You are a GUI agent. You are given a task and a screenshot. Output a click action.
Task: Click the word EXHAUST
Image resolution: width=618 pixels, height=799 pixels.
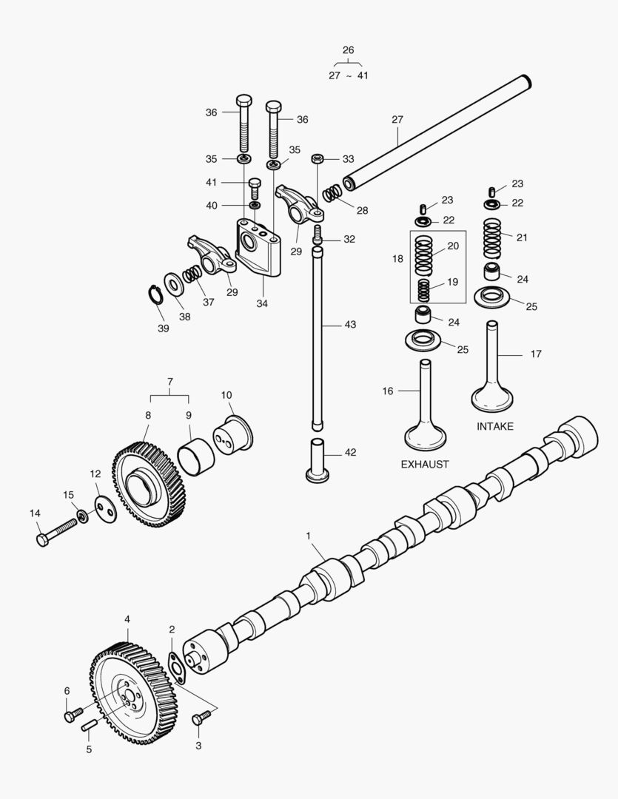426,465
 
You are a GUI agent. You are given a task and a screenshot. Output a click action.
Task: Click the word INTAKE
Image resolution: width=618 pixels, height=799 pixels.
494,427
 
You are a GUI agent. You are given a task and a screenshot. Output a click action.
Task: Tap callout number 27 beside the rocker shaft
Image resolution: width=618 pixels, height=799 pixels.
397,120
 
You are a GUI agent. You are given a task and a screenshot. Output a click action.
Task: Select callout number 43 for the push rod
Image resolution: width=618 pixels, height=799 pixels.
350,326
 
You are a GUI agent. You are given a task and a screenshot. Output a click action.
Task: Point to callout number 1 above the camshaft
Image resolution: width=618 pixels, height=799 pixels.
308,535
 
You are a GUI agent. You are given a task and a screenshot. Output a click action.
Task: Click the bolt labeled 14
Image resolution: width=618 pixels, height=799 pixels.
55,533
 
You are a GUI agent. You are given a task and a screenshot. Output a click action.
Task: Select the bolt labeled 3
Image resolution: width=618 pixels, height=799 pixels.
201,718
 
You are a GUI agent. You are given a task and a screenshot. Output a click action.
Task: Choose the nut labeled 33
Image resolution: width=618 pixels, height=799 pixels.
317,159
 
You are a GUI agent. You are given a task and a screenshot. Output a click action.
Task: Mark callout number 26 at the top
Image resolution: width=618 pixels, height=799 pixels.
348,50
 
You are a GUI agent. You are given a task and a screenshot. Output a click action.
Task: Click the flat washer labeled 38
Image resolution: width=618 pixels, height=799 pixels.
175,283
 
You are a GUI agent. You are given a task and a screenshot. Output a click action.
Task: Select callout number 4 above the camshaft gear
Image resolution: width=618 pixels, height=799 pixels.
127,618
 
